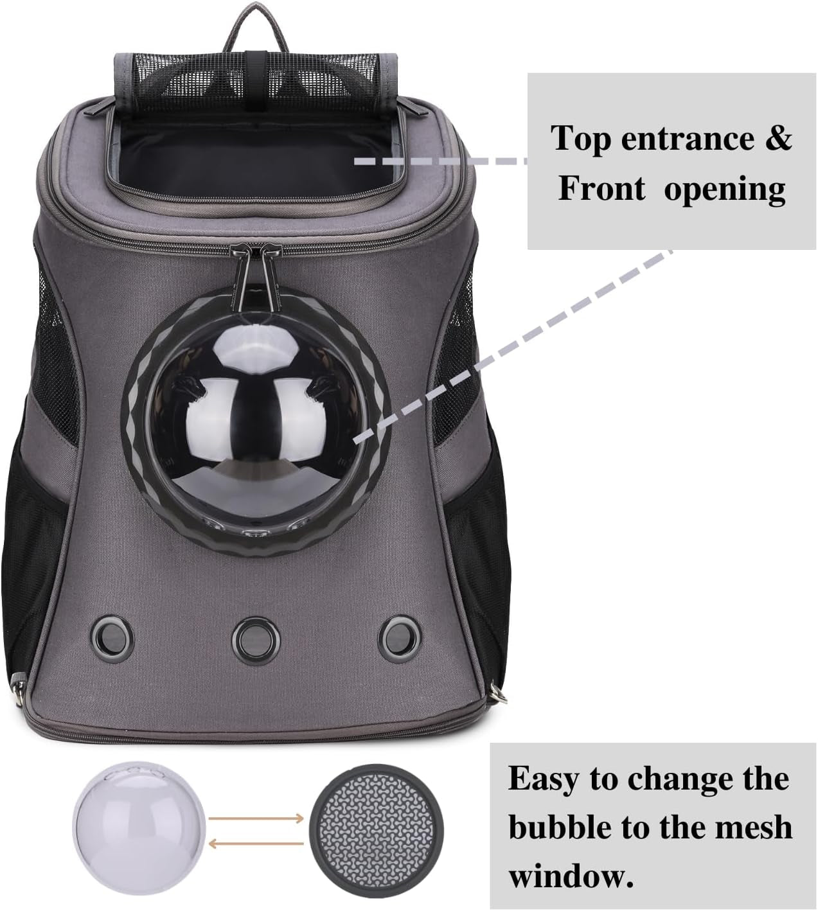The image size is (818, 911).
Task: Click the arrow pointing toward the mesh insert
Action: pyautogui.click(x=255, y=817)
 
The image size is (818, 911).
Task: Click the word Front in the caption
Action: pyautogui.click(x=601, y=190)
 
